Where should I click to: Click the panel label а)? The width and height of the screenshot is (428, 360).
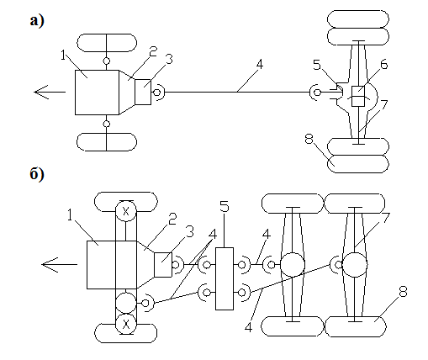click(37, 21)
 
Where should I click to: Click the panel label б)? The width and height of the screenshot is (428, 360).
click(37, 174)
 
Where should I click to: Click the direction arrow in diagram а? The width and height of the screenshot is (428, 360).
click(50, 92)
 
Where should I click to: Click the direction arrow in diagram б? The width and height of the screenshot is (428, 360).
click(59, 264)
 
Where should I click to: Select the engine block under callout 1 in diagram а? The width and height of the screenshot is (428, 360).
click(97, 93)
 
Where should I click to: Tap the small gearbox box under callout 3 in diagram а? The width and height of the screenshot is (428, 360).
click(143, 92)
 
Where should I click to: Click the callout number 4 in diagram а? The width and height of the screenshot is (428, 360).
click(260, 65)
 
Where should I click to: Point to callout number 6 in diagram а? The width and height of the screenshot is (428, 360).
click(384, 65)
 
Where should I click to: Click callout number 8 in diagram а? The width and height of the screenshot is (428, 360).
click(309, 139)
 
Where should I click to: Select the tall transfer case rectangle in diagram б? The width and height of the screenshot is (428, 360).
click(225, 278)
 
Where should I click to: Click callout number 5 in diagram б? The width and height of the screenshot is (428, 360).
click(225, 207)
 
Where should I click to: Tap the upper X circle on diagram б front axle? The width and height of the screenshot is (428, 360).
click(126, 211)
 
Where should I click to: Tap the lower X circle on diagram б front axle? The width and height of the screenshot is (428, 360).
click(126, 324)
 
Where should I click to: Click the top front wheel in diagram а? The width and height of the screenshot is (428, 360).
click(107, 43)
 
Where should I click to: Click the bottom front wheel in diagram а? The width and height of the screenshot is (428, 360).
click(107, 142)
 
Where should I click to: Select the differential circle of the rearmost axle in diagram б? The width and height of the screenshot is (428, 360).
click(355, 265)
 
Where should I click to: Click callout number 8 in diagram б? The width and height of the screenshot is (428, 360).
click(403, 292)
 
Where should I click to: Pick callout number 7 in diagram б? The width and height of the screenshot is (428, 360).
click(386, 218)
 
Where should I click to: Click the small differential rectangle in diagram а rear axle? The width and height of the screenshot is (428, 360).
click(358, 96)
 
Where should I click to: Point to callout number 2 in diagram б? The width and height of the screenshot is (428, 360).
click(172, 219)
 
